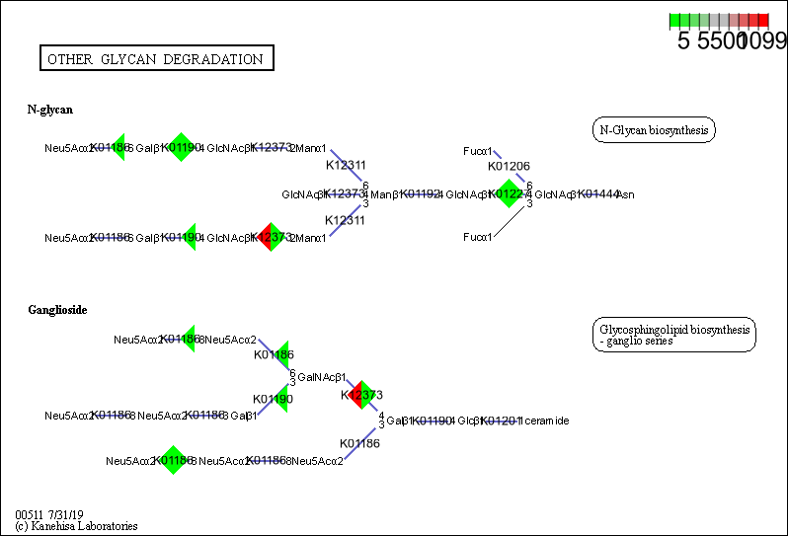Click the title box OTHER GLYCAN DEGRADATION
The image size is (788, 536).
coord(156,59)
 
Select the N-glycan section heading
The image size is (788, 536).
coord(49,110)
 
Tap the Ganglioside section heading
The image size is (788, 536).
coord(57,310)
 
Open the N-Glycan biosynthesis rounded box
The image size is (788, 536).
coord(654,130)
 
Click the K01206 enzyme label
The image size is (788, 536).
coord(509,166)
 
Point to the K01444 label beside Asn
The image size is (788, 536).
coord(597,194)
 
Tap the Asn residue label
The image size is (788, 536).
coord(626,195)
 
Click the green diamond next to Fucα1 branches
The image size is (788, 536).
coord(510,194)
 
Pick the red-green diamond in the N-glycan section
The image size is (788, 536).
coord(270,237)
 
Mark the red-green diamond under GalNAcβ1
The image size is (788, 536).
coord(361,396)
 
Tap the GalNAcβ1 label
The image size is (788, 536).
coord(320,377)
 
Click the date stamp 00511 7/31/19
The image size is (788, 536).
coord(49,515)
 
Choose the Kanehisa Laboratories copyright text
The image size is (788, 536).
coord(76,527)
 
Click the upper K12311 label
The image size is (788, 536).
coord(346,165)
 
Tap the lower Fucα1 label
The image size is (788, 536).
coord(478,238)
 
